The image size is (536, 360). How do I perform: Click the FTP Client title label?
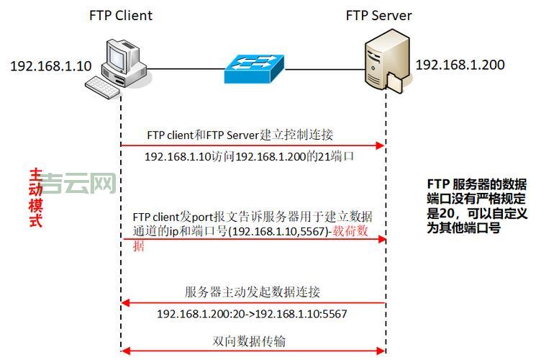click(121, 15)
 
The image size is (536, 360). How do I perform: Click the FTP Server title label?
click(378, 15)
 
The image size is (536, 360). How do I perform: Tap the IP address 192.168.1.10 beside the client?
click(50, 66)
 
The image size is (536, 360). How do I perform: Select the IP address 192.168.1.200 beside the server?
click(460, 65)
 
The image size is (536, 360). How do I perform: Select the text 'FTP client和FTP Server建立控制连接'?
click(240, 135)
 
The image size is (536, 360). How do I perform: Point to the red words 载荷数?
click(360, 233)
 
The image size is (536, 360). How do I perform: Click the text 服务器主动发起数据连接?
click(253, 292)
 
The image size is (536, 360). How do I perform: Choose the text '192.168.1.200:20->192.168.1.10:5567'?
click(252, 314)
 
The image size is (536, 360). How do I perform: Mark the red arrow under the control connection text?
click(253, 145)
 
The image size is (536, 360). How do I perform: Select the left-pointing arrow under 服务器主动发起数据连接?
click(253, 302)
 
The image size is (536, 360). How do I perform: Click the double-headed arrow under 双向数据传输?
click(253, 351)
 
